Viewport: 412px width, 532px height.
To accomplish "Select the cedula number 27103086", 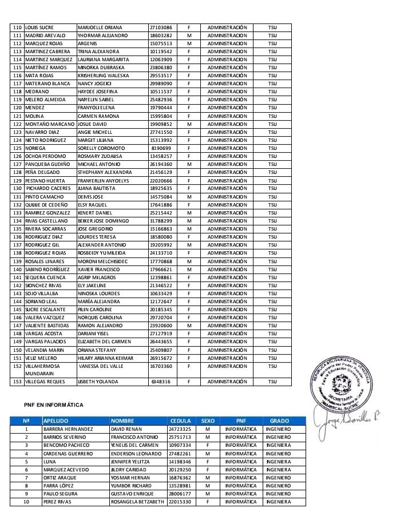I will pyautogui.click(x=161, y=27).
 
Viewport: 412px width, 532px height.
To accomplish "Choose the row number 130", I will pyautogui.click(x=17, y=188).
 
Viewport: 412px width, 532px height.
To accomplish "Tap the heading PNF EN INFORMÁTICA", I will pyautogui.click(x=54, y=405).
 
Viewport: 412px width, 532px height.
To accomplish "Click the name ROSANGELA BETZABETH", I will pyautogui.click(x=138, y=502).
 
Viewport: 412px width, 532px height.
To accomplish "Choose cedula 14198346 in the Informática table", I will pyautogui.click(x=180, y=460).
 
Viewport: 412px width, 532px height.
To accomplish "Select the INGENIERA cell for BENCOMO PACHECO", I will pyautogui.click(x=279, y=444).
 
